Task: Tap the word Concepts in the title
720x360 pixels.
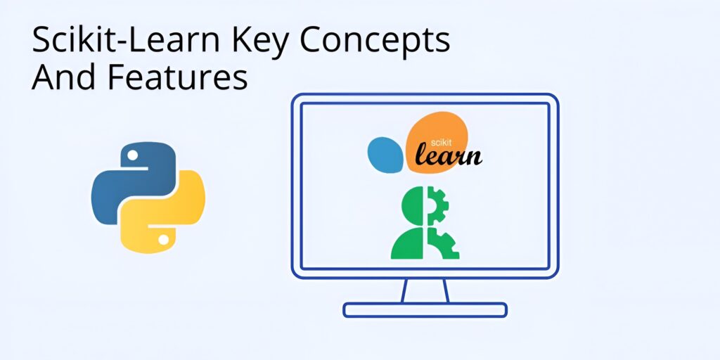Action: (x=380, y=41)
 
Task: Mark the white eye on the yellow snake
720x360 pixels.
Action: (x=164, y=240)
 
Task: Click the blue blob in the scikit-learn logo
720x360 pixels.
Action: (x=385, y=154)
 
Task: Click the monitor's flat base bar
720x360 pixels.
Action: (x=425, y=309)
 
